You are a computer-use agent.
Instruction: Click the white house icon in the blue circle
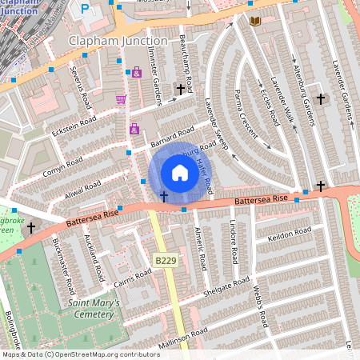pos(180,173)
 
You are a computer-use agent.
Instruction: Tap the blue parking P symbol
pos(86,9)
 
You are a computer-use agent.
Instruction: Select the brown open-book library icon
pos(255,21)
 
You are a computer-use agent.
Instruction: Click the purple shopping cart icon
pos(121,99)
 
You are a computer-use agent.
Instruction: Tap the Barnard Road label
pos(172,137)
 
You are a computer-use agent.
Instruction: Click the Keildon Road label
pos(290,234)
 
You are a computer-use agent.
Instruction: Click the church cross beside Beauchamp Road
pos(180,90)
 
